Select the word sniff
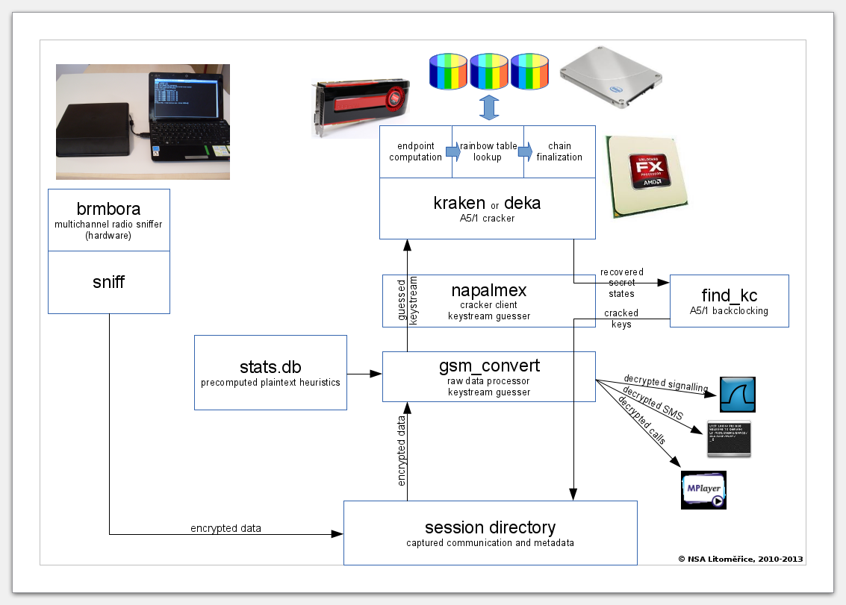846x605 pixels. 109,282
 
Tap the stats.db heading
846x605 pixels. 270,366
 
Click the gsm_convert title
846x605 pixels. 489,366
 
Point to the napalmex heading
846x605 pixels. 489,289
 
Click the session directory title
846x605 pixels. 490,527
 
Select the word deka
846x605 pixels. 522,202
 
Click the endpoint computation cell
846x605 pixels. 415,151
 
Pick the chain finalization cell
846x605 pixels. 559,151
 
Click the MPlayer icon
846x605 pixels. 703,490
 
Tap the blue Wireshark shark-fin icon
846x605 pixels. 737,395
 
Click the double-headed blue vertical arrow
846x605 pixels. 488,107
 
